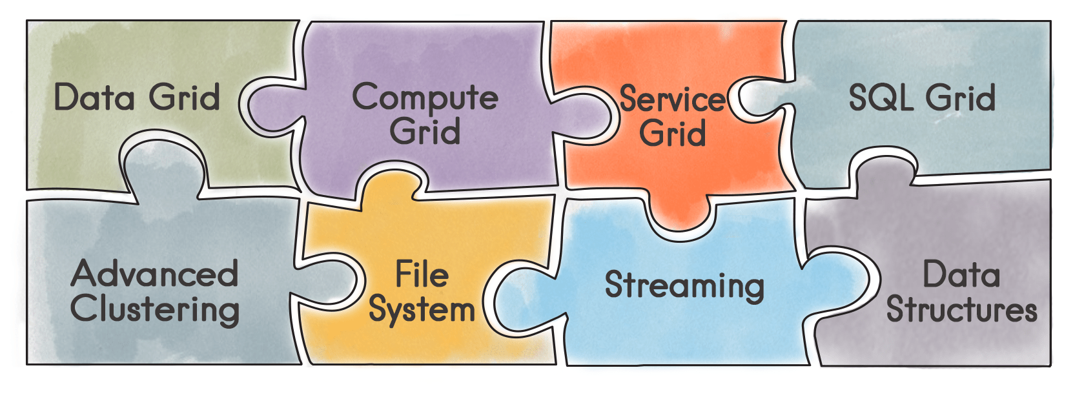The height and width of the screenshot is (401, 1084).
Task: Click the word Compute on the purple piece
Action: click(425, 99)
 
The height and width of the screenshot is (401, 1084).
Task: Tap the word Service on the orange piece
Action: click(672, 99)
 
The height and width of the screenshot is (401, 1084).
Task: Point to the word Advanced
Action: click(155, 274)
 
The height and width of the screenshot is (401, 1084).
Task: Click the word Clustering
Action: click(155, 309)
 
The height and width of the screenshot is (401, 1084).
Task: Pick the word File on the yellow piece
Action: click(422, 274)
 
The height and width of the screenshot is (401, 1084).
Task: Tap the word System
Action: click(422, 310)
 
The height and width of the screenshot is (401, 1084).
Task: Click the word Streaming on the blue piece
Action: click(684, 285)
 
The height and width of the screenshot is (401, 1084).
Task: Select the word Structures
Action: click(961, 310)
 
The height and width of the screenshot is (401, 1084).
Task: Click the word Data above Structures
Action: click(961, 274)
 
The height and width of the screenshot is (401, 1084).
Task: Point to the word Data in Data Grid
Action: click(94, 98)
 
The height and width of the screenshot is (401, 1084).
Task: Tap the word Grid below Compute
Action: click(425, 132)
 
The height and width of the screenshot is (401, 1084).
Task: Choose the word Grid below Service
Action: click(672, 134)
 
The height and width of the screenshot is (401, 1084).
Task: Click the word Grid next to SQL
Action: click(961, 98)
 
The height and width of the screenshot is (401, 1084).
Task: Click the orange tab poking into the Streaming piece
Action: click(680, 216)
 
